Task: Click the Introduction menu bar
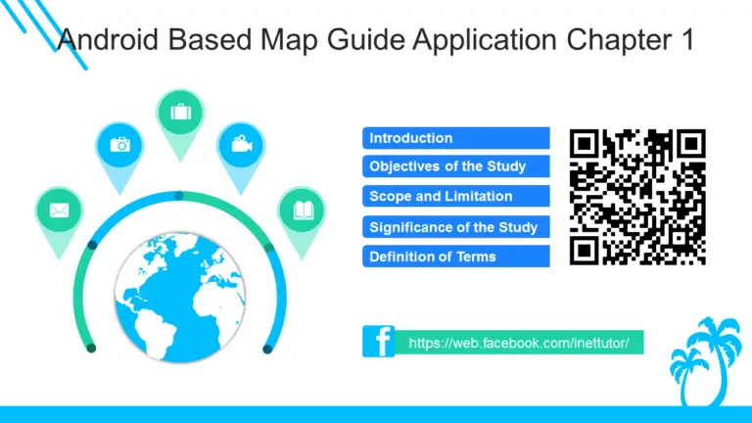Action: click(x=455, y=138)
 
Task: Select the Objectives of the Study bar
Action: click(x=455, y=166)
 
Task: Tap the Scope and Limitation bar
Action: click(x=455, y=197)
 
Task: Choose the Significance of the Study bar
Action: click(x=455, y=227)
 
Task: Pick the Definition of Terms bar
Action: click(x=455, y=257)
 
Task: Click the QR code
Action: click(x=637, y=197)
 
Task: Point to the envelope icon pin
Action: click(x=58, y=211)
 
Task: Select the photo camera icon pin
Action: click(x=119, y=145)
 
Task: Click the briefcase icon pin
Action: click(x=180, y=113)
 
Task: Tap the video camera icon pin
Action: click(x=239, y=145)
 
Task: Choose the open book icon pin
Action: click(x=302, y=211)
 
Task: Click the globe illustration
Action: click(x=180, y=290)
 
